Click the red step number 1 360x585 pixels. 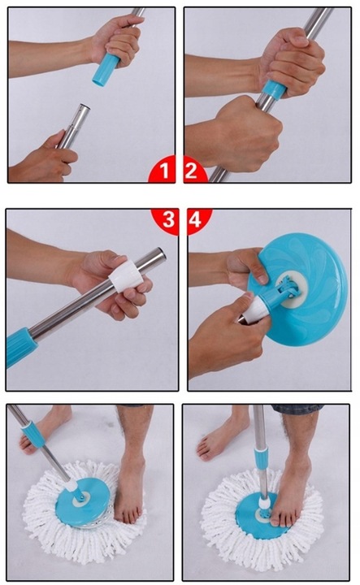[164, 171]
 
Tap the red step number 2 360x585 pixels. [191, 171]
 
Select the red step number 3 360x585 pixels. [168, 219]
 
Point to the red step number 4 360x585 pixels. [195, 219]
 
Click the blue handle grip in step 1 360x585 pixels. [106, 69]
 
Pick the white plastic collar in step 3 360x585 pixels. [126, 275]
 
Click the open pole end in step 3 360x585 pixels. [161, 253]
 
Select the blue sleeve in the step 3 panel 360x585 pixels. [21, 347]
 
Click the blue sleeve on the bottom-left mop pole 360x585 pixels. [33, 434]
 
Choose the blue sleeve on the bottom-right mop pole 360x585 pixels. [261, 460]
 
